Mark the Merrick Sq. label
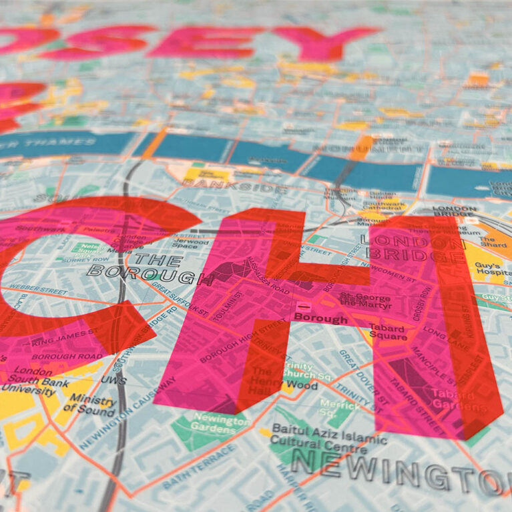[340, 408]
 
